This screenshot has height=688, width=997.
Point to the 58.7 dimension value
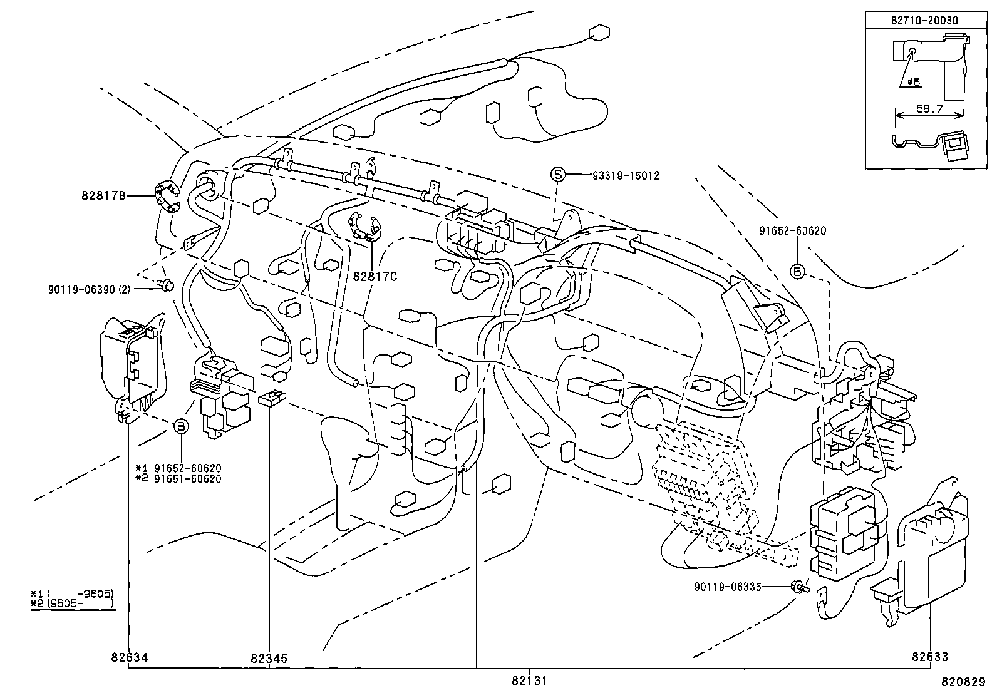(x=929, y=108)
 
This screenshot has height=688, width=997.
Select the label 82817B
(x=103, y=195)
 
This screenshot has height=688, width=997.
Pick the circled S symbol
(x=557, y=175)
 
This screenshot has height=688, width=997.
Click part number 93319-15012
(x=625, y=176)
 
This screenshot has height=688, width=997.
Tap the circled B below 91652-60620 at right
(x=797, y=271)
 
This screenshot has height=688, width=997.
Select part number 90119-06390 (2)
(x=88, y=289)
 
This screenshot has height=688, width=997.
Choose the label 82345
(x=269, y=659)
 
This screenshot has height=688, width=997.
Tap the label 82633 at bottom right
(x=929, y=657)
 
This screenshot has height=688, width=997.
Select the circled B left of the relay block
(x=180, y=426)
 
